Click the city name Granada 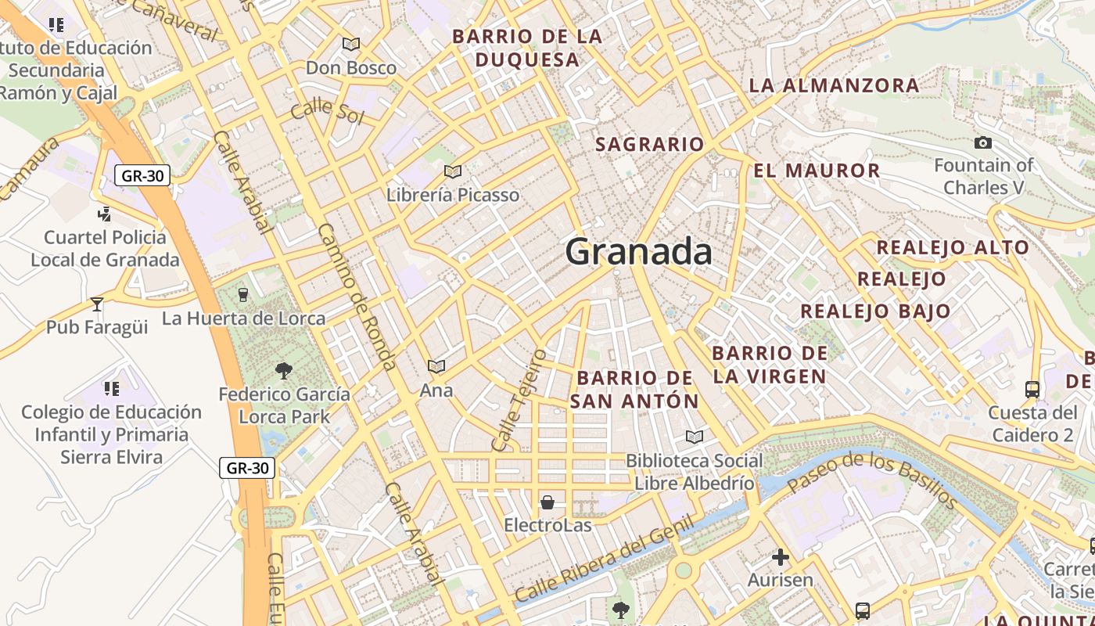point(638,252)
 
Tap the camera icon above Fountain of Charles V point(983,142)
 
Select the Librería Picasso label point(453,195)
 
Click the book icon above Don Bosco point(351,45)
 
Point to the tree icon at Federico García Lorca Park point(284,370)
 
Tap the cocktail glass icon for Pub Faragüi point(97,304)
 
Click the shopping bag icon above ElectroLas point(547,502)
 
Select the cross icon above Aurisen point(780,557)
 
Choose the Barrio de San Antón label point(634,389)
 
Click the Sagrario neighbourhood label point(650,144)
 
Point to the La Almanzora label point(834,85)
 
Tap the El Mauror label point(817,170)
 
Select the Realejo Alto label point(953,247)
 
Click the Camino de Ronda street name point(357,297)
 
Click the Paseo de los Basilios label point(871,479)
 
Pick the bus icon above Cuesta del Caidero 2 point(1032,389)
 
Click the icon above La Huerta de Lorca point(242,294)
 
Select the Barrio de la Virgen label point(770,364)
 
